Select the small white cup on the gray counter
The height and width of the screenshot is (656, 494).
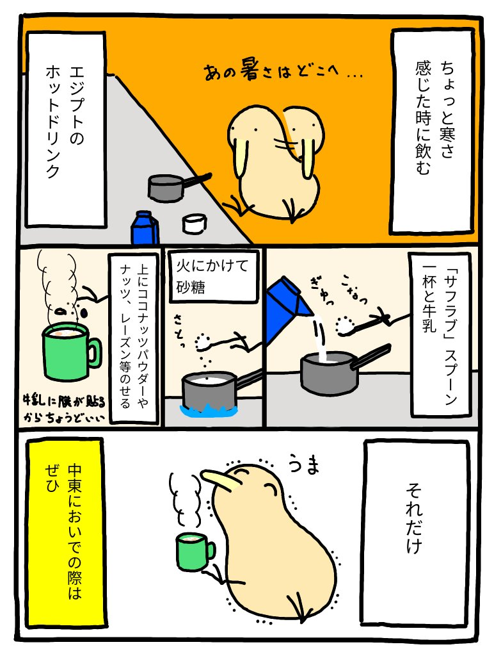[x=195, y=223]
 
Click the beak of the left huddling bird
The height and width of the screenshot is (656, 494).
[x=239, y=158]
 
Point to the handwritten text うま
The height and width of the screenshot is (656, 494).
[x=304, y=465]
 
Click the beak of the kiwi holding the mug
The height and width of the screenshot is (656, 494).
[x=219, y=480]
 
